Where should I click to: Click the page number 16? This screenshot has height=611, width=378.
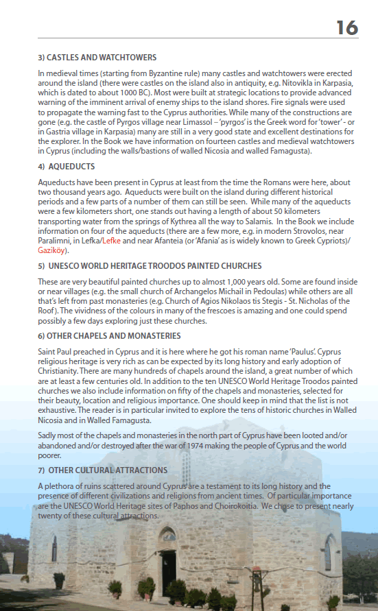(x=347, y=27)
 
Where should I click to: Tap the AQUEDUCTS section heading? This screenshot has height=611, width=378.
(x=71, y=167)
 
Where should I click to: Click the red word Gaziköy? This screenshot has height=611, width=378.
(x=51, y=251)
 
